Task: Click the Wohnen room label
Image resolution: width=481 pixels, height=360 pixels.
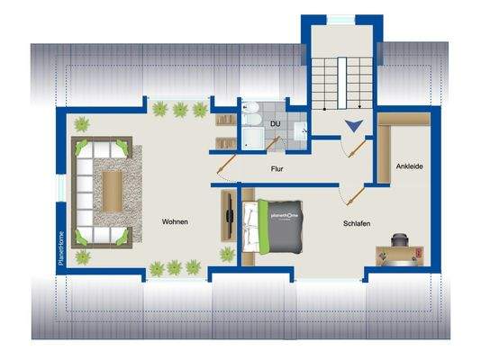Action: coord(175,221)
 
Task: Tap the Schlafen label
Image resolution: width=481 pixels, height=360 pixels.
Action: coord(357,224)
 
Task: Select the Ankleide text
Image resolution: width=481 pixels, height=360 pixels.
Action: coord(410,166)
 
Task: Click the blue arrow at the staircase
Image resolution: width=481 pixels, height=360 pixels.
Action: coord(356,128)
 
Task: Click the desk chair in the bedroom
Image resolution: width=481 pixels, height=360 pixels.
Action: coord(401,243)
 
